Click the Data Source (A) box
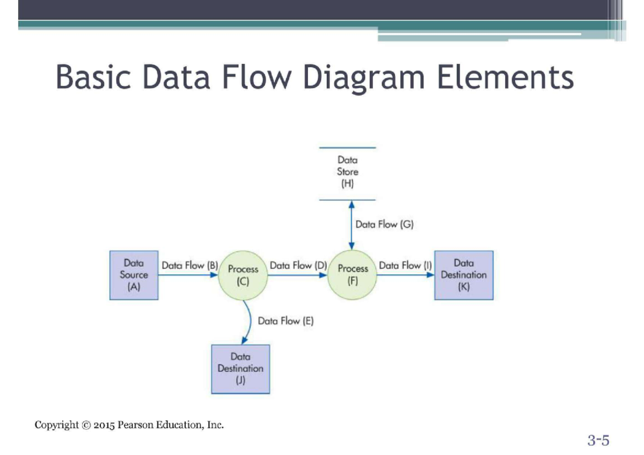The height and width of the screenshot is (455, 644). [134, 275]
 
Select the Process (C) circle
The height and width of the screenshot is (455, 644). [243, 275]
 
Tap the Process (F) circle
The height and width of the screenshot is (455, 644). [353, 275]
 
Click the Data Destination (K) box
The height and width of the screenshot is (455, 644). [464, 275]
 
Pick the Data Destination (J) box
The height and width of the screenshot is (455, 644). [240, 369]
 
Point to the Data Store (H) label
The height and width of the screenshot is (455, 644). [348, 172]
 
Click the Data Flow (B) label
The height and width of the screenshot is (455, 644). [189, 265]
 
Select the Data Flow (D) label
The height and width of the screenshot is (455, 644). [298, 265]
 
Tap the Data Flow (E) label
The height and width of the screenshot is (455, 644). [286, 321]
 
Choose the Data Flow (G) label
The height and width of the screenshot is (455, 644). [384, 224]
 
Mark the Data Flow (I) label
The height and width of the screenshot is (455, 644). [405, 265]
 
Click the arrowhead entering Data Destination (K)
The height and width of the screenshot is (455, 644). [430, 275]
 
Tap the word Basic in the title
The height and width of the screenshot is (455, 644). [93, 78]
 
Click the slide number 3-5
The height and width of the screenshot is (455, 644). [598, 441]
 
